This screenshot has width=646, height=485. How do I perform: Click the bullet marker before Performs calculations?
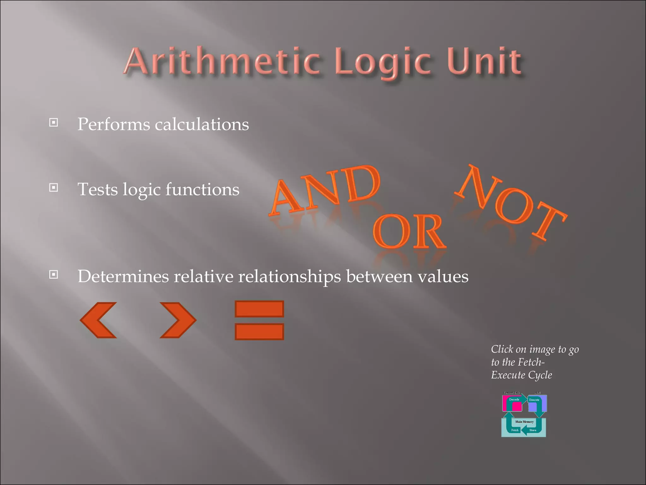point(54,122)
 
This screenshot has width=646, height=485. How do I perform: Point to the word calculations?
point(202,124)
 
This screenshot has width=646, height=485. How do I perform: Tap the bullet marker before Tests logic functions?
point(54,188)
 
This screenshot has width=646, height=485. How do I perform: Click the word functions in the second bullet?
point(202,189)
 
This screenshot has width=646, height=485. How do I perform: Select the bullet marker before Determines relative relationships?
point(54,274)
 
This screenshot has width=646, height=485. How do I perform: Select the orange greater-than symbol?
point(178,320)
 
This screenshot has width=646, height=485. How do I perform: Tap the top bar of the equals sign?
point(259,309)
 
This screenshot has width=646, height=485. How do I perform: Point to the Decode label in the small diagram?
point(514,399)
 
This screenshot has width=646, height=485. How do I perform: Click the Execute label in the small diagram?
point(534,400)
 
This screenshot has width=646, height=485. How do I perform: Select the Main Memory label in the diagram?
point(524,422)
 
